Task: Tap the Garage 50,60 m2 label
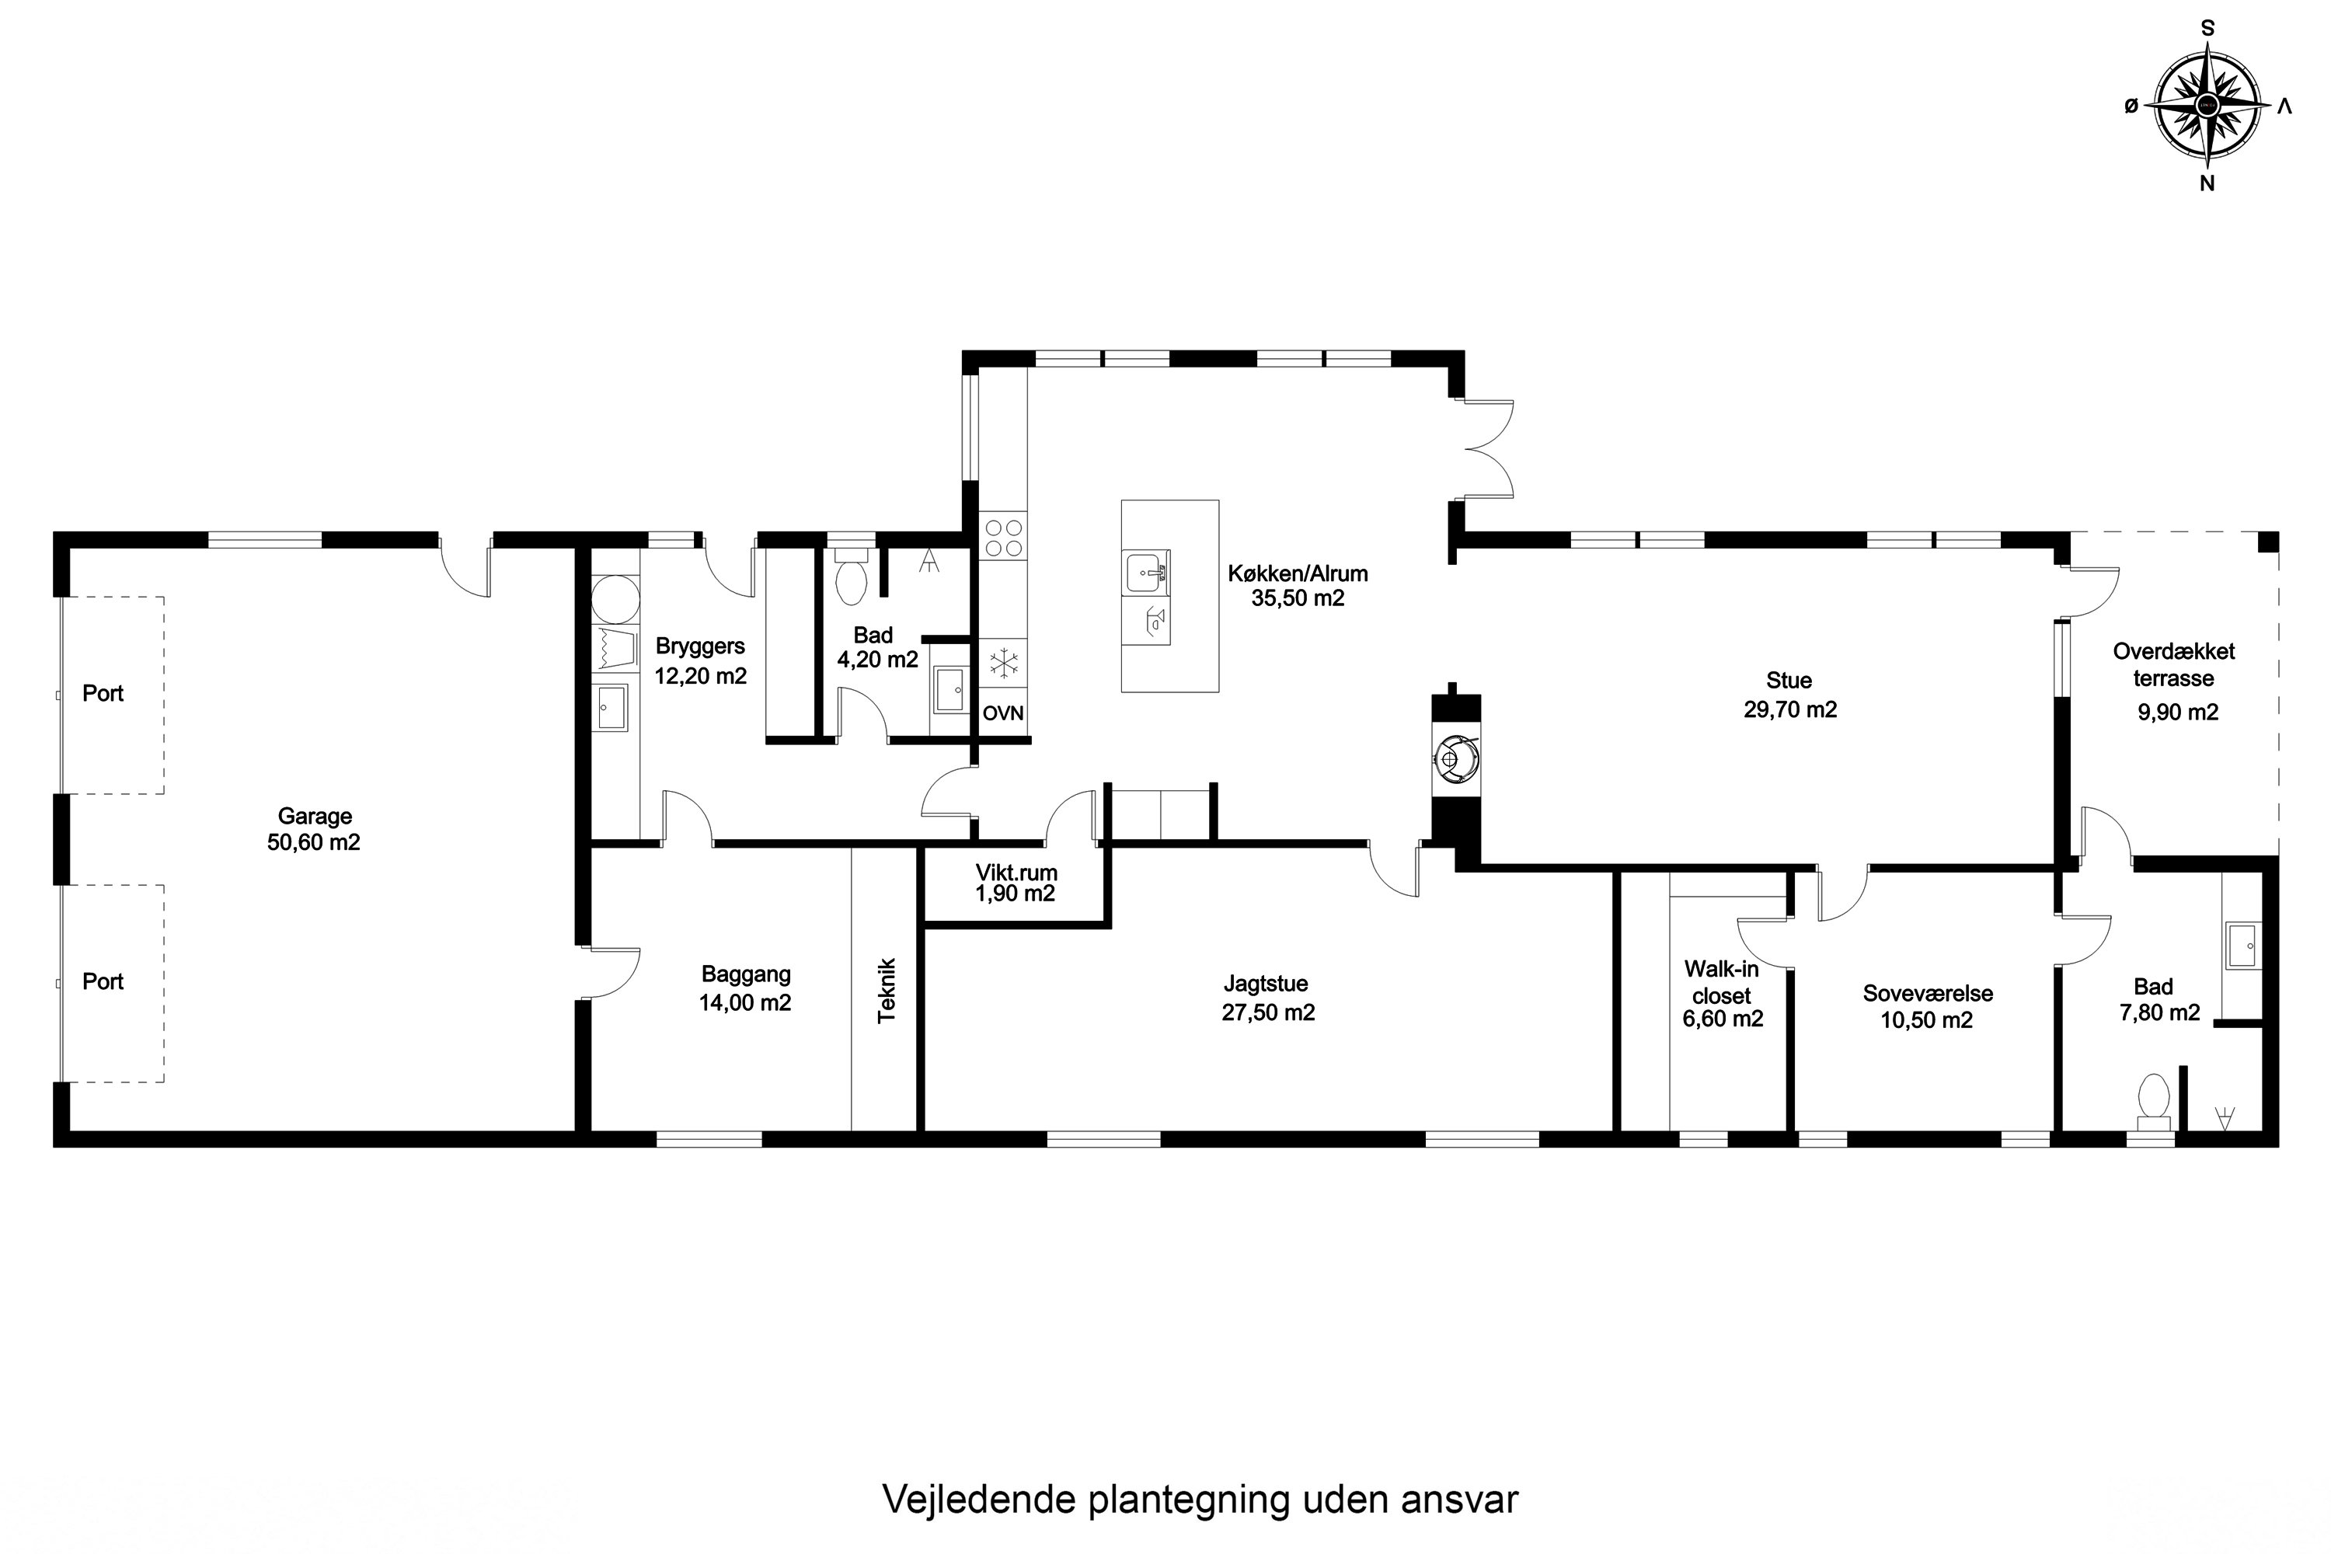(x=313, y=830)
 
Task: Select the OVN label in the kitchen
(x=1003, y=713)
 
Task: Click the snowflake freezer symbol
(x=1004, y=664)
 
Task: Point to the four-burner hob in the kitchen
(x=1003, y=537)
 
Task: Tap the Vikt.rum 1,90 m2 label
(x=1016, y=883)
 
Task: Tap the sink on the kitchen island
(x=1147, y=572)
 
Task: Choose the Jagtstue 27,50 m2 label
(x=1267, y=998)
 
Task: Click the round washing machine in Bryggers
(x=615, y=601)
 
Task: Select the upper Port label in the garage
(x=103, y=694)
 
